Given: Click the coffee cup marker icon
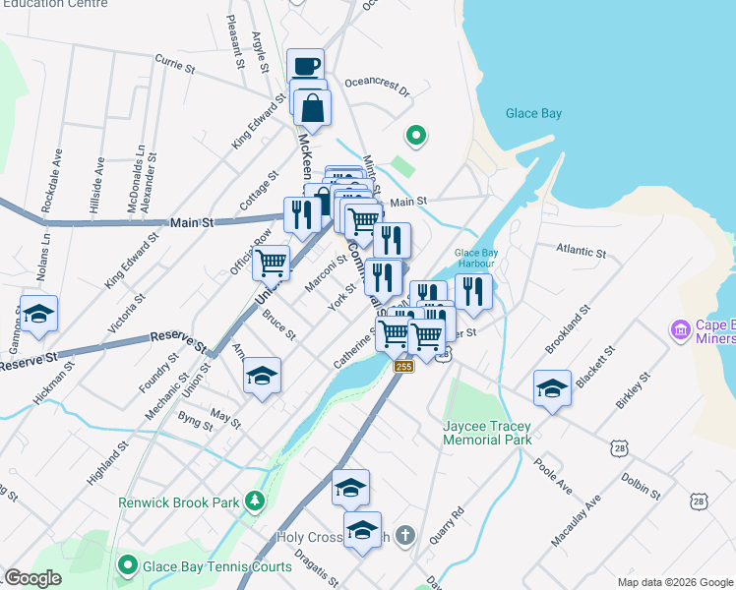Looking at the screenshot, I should point(306,66).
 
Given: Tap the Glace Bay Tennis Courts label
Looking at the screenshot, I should point(217,566).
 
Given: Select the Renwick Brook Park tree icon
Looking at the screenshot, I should point(256,501).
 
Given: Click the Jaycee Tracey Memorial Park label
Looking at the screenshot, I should point(487,433).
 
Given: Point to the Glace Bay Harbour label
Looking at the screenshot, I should point(480,259).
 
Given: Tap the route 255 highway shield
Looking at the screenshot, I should point(403,367).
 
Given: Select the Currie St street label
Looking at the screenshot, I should point(176,67).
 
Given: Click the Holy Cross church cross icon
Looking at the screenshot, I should point(406,537).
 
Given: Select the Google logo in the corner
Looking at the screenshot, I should point(32,578).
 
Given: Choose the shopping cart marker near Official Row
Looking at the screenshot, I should point(271,263).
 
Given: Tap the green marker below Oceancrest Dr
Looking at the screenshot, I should point(415,136).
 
